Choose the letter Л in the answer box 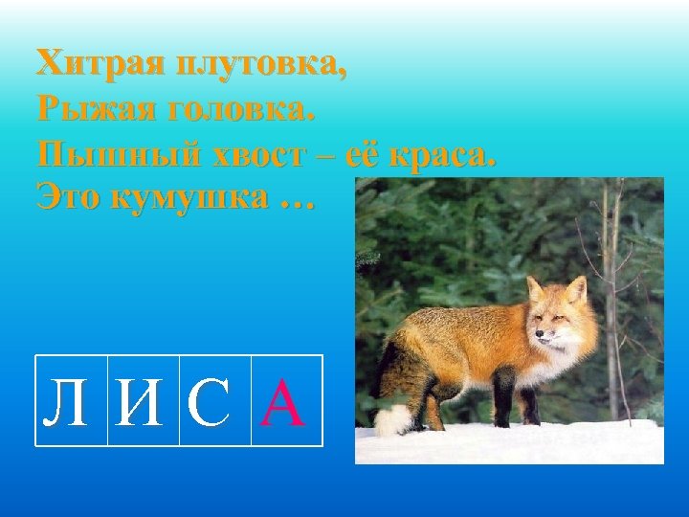71,402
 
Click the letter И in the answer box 143,402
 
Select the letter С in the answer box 214,402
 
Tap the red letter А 286,402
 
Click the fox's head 560,316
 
